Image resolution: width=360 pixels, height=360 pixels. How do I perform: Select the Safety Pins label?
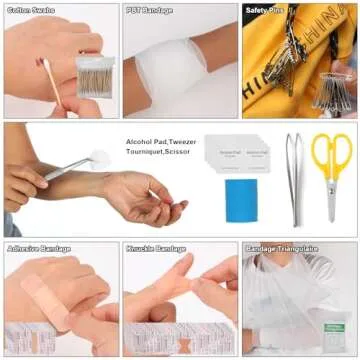pyautogui.click(x=264, y=11)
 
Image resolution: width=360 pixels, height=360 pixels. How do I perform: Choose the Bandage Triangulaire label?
pyautogui.click(x=275, y=248)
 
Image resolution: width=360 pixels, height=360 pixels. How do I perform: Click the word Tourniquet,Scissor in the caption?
pyautogui.click(x=159, y=154)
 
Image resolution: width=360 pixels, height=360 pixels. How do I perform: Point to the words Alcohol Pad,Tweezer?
pyautogui.click(x=160, y=142)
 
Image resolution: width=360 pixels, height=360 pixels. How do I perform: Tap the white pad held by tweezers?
pyautogui.click(x=99, y=158)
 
